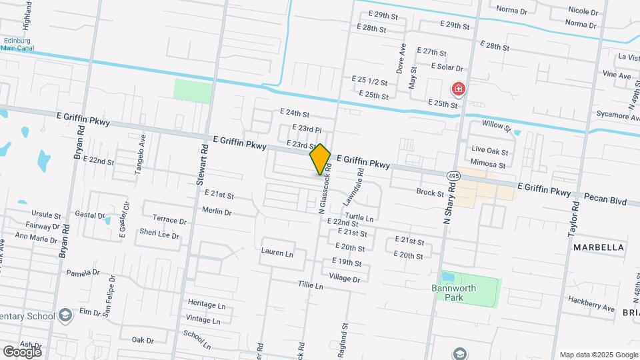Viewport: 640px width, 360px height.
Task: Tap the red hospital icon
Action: click(x=459, y=89)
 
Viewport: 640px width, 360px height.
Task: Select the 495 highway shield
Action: click(x=453, y=175)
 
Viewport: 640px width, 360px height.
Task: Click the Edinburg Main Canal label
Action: click(x=20, y=44)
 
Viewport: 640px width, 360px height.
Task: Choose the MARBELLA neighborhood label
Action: click(x=599, y=247)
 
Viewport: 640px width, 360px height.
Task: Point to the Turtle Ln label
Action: click(x=359, y=218)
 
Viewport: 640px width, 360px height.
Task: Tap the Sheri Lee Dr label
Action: click(x=159, y=233)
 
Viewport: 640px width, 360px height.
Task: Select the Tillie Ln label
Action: click(x=311, y=286)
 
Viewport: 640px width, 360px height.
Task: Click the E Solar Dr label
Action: click(x=447, y=67)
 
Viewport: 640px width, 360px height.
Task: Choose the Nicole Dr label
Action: click(x=584, y=11)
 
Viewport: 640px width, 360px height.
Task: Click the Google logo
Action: click(x=22, y=351)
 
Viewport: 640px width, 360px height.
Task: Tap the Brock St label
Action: click(x=430, y=193)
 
